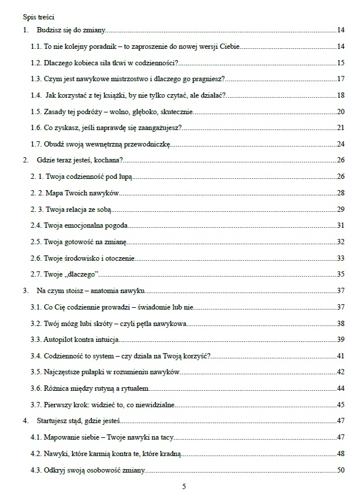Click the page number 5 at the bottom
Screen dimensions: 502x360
coord(185,486)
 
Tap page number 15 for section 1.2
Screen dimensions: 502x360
coord(341,62)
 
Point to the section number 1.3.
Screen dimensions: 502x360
coord(36,79)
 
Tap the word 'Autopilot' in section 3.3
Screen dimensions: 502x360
coord(58,340)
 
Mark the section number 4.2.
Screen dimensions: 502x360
coord(36,454)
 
